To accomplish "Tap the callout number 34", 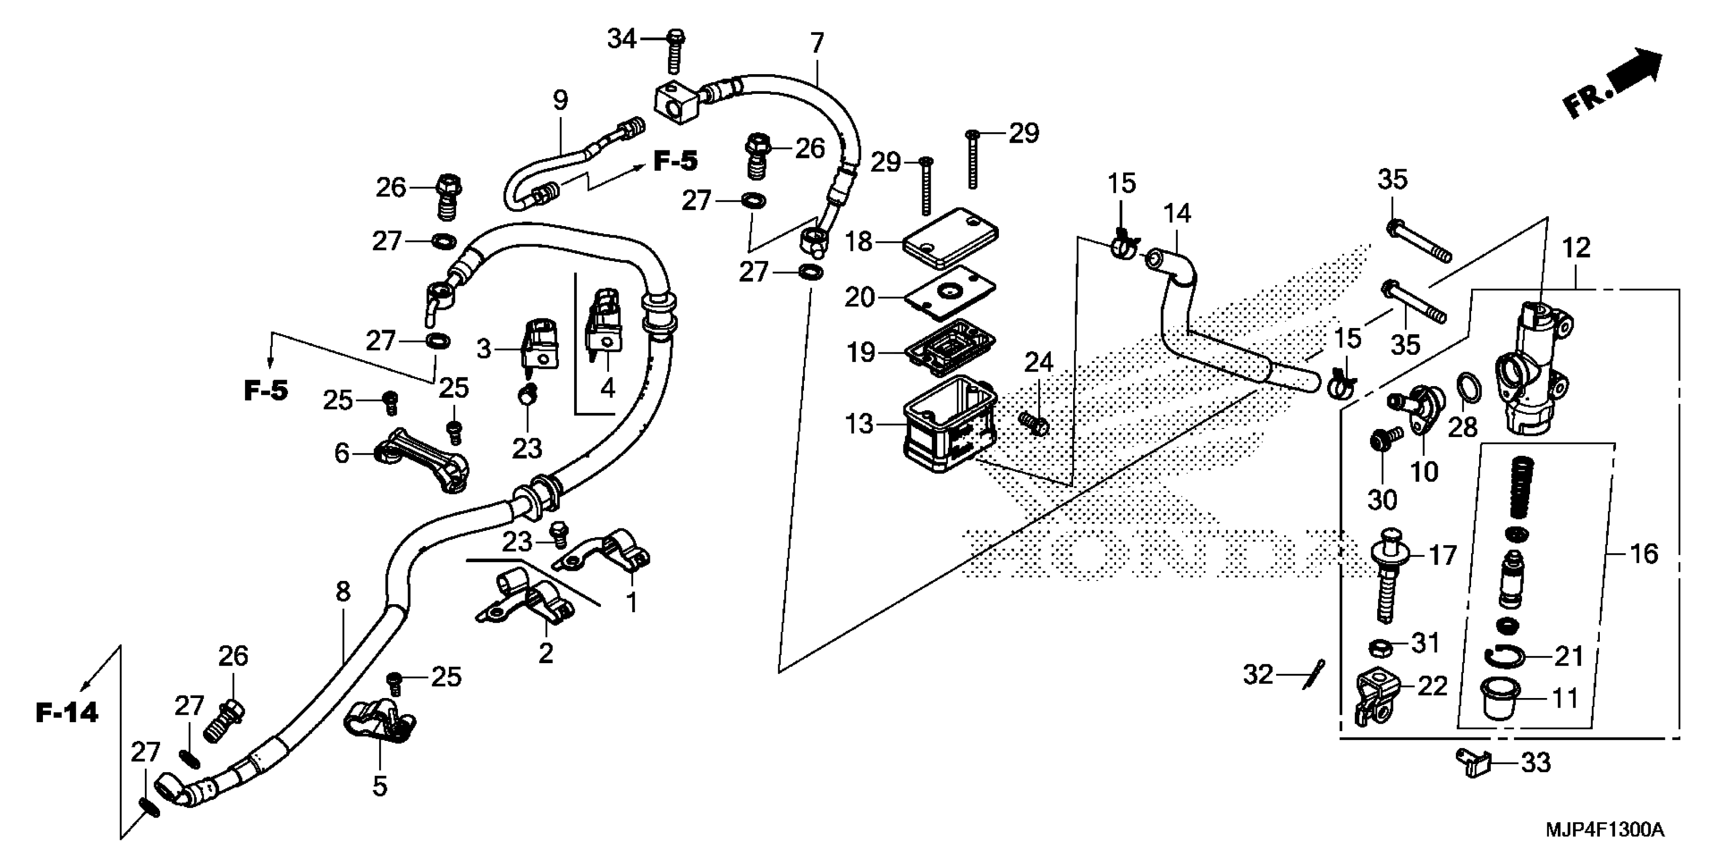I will tap(621, 39).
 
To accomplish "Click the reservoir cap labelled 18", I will tap(950, 239).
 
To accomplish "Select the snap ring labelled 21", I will tap(1503, 658).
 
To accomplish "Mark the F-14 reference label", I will tap(67, 713).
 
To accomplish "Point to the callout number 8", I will tap(342, 592).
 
